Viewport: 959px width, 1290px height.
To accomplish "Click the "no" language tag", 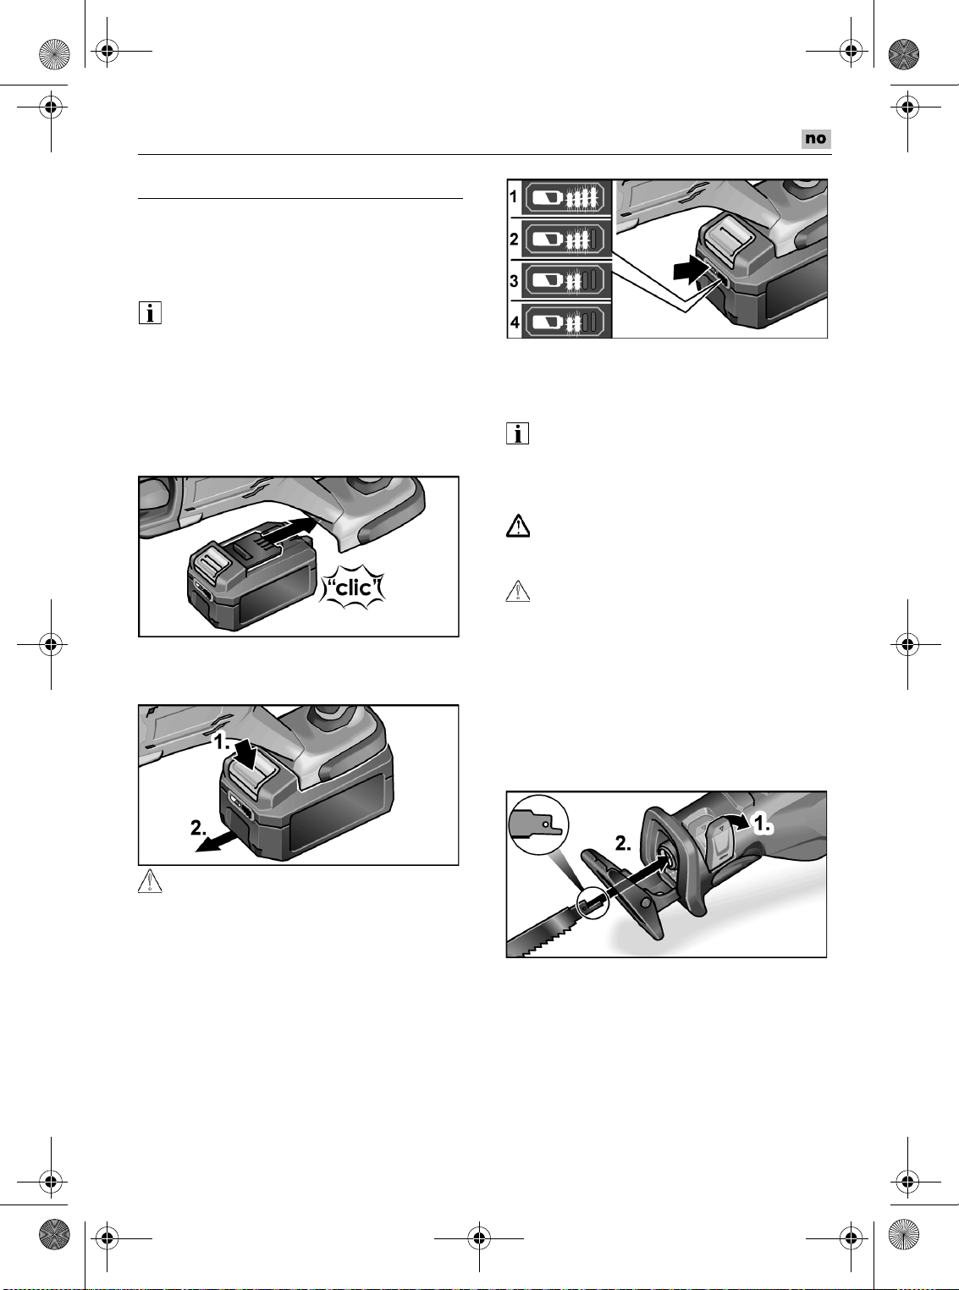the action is (x=816, y=139).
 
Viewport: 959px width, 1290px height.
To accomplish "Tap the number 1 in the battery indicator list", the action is (x=514, y=197).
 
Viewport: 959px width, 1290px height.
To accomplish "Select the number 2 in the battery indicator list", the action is (x=514, y=239).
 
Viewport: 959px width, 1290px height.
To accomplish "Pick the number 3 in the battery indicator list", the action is (x=514, y=281).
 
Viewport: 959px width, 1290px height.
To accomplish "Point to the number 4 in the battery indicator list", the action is (x=514, y=322).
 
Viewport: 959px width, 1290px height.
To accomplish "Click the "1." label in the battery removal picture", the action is (x=222, y=742).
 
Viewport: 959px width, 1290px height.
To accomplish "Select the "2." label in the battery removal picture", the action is (x=199, y=828).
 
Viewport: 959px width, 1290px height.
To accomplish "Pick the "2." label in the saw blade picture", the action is (x=623, y=844).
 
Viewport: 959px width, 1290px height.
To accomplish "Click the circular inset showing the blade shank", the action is (x=537, y=825).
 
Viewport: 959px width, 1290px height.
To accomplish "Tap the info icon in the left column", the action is (x=150, y=313).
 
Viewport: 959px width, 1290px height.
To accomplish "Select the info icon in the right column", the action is (x=518, y=434).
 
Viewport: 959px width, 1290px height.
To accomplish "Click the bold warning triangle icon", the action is (x=518, y=526).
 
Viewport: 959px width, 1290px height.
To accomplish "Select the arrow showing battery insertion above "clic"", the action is (x=288, y=531).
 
